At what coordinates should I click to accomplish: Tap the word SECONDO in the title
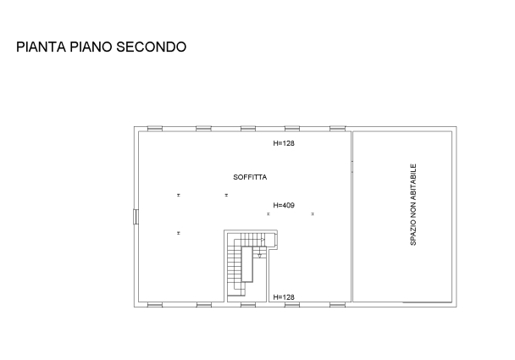pos(152,47)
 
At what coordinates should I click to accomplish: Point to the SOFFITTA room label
pos(250,178)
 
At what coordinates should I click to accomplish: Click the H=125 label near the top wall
pos(284,144)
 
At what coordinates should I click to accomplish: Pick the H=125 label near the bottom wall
pos(284,296)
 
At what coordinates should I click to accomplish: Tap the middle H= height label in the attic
pos(284,205)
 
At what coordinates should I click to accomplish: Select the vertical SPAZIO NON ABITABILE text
pos(413,204)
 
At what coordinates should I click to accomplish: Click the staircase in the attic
pos(246,263)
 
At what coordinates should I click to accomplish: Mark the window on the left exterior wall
pos(136,218)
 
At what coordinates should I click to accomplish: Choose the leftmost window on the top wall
pos(155,128)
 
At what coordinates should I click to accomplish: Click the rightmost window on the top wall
pos(336,128)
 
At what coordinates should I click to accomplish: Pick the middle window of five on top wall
pos(248,128)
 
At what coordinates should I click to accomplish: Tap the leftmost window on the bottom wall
pos(155,303)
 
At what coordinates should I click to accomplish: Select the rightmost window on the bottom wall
pos(336,303)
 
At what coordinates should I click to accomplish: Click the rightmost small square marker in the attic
pos(312,214)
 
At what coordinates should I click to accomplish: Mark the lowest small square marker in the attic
pos(179,232)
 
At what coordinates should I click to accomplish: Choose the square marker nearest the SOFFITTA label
pos(226,195)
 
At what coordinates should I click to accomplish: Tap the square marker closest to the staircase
pos(269,214)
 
